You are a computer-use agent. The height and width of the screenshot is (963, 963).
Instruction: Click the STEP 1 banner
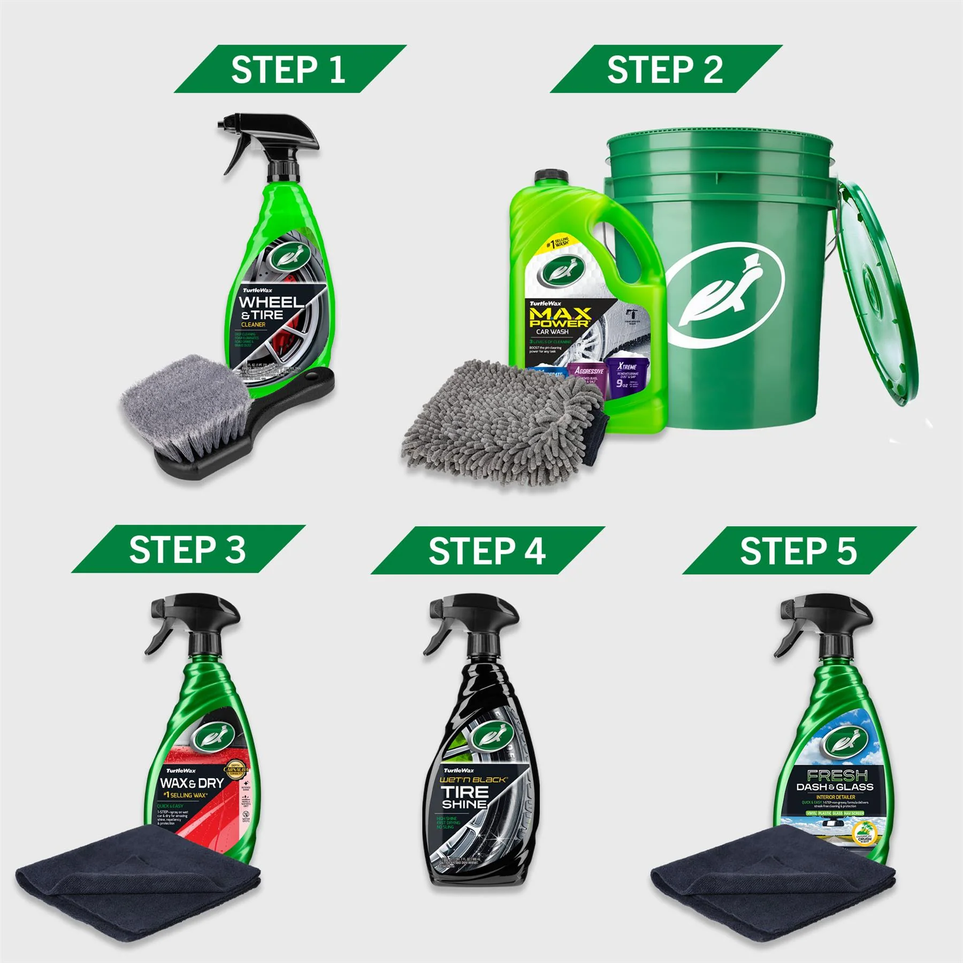289,70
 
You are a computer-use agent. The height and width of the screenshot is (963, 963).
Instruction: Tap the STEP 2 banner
665,70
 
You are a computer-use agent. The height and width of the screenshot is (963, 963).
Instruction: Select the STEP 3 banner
187,549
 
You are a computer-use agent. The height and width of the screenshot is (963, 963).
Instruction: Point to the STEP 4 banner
487,551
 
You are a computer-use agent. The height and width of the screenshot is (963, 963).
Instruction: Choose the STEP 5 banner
798,551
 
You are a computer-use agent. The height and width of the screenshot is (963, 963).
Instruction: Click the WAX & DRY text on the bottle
192,783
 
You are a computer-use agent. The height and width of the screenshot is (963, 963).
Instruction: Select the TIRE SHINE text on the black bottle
464,797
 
